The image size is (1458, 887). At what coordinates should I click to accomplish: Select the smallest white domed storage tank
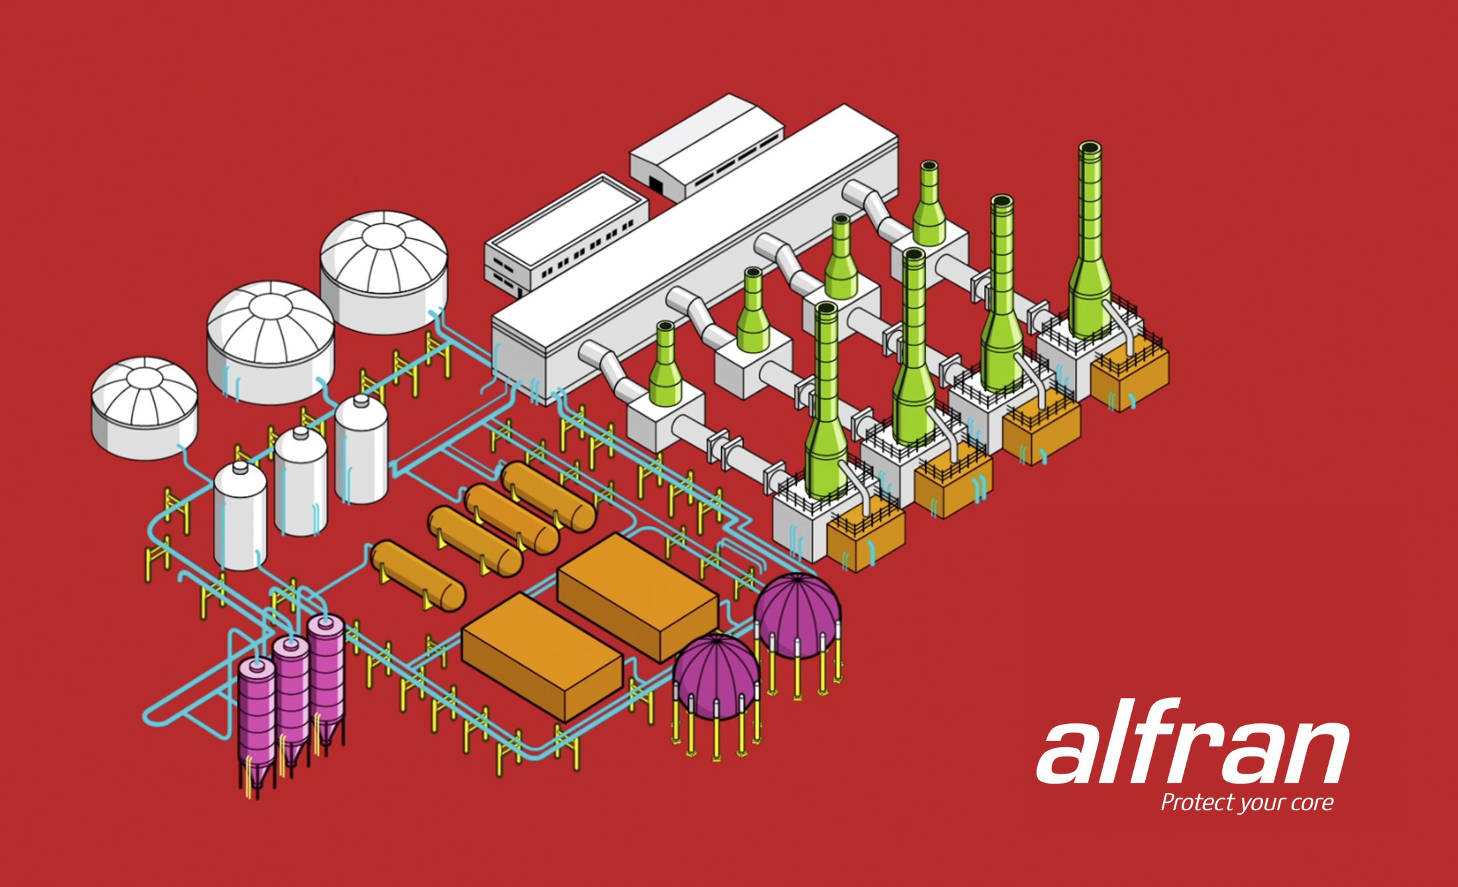[144, 408]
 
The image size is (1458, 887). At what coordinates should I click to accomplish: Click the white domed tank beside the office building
[384, 272]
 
